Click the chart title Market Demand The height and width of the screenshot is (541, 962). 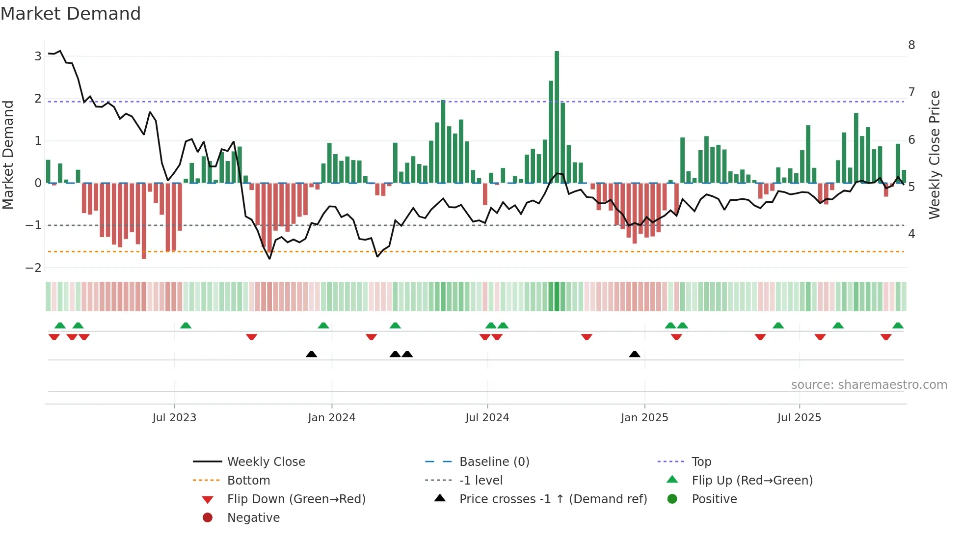71,14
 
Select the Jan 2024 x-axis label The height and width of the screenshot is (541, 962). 331,418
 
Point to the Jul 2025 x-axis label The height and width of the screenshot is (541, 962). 799,418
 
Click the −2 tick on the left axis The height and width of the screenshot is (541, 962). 33,268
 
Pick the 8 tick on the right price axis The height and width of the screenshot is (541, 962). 911,45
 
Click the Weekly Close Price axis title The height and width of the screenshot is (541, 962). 935,155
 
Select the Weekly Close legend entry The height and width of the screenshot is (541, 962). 266,462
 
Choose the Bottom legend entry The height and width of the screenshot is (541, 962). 248,481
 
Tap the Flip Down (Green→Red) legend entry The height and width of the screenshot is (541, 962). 296,499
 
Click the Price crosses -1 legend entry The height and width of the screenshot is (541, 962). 553,499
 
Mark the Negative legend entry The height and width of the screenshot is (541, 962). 253,518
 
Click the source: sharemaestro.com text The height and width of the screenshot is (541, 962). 869,385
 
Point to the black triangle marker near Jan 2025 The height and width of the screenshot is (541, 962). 634,354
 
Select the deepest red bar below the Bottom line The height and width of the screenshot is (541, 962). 144,221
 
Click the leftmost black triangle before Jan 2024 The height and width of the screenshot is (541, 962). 311,354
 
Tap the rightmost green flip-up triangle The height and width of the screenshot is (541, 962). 898,325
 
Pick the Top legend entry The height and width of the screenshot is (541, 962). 701,462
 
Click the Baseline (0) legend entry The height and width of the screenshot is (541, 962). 494,462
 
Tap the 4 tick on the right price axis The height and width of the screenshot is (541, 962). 911,234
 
